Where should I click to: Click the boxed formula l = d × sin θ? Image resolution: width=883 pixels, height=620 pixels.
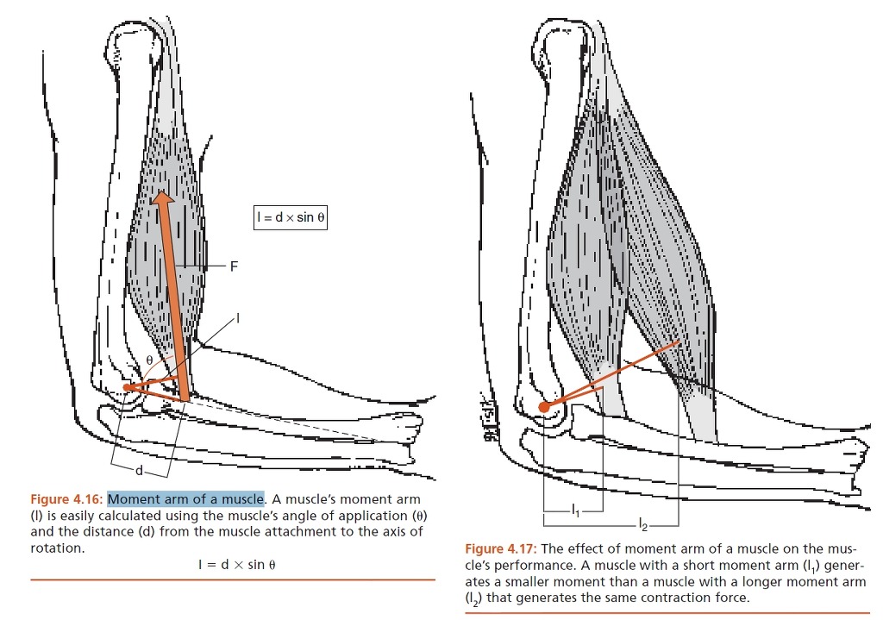click(x=290, y=217)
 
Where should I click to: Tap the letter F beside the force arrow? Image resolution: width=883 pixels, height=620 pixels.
click(x=235, y=266)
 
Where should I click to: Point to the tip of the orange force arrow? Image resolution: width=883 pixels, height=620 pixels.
click(x=163, y=191)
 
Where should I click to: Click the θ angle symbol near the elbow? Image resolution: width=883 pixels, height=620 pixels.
click(x=149, y=360)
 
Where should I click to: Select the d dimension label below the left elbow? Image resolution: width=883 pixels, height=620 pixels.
click(x=140, y=470)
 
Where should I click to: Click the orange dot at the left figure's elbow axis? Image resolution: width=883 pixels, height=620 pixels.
click(x=128, y=387)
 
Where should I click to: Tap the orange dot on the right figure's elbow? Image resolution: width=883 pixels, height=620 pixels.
click(x=544, y=406)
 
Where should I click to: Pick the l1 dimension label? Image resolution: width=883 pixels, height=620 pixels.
click(x=575, y=510)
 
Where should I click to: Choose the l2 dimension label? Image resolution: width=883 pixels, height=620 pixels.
click(x=643, y=525)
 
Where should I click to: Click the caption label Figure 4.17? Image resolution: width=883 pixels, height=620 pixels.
click(x=501, y=548)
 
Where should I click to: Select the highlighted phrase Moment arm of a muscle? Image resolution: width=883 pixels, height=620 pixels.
click(x=186, y=499)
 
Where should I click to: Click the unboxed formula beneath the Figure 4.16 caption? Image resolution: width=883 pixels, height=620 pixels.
click(x=236, y=564)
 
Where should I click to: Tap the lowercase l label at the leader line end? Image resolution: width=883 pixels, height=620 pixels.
click(x=238, y=319)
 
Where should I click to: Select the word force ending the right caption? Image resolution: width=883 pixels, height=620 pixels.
click(x=732, y=598)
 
